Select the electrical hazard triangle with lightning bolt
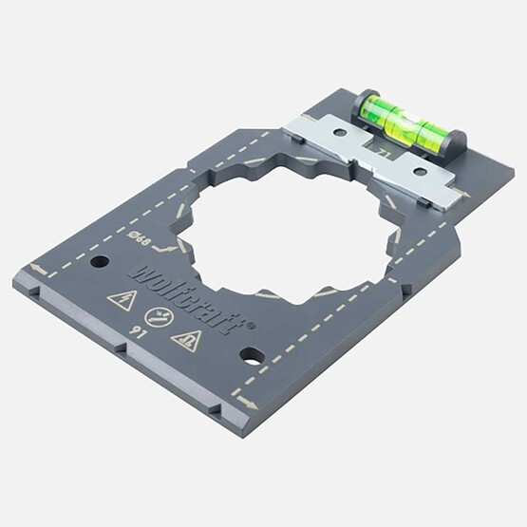click(122, 301)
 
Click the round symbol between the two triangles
click(153, 320)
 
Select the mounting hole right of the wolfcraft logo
click(252, 357)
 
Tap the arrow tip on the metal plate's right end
click(462, 198)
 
